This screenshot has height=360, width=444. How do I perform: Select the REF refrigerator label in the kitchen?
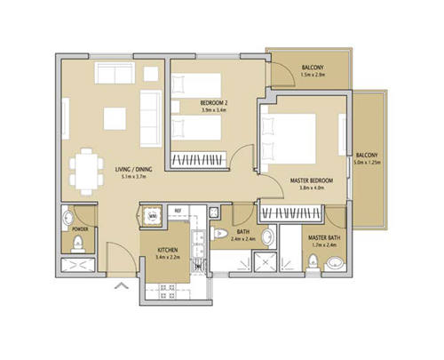pos(178,210)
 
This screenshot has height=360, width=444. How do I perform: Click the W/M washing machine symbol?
pos(152,216)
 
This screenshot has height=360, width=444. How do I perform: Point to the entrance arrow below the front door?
pos(121,285)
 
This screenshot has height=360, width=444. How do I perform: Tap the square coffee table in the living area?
pos(115,117)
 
